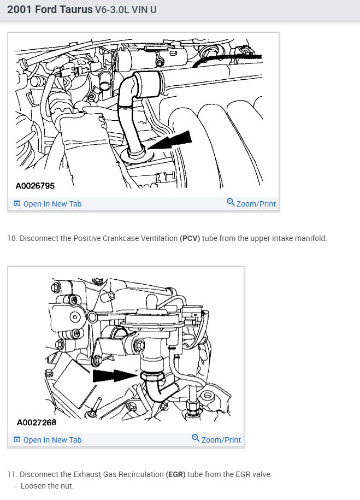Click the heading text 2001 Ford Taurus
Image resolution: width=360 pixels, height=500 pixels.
point(50,10)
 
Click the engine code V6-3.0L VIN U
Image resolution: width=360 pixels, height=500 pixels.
point(126,10)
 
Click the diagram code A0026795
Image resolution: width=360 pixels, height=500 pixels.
point(36,186)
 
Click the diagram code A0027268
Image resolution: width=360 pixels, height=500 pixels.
point(37,422)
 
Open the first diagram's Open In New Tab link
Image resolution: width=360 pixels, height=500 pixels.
point(52,204)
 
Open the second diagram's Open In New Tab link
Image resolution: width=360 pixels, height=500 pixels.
point(52,440)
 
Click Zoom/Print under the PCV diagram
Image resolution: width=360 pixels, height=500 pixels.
point(256,204)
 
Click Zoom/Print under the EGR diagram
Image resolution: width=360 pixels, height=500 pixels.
point(221,440)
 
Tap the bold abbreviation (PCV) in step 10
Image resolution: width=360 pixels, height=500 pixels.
point(190,239)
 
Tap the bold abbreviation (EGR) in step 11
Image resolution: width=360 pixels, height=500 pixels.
point(175,474)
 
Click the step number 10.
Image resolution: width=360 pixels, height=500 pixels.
point(11,239)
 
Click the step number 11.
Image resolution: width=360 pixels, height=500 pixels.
point(11,474)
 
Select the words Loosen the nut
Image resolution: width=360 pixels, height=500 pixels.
point(47,486)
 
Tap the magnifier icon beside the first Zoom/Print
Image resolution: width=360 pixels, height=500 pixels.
point(231,203)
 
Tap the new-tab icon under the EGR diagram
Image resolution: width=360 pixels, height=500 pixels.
point(17,440)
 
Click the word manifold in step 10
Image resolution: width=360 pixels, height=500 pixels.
point(310,239)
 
